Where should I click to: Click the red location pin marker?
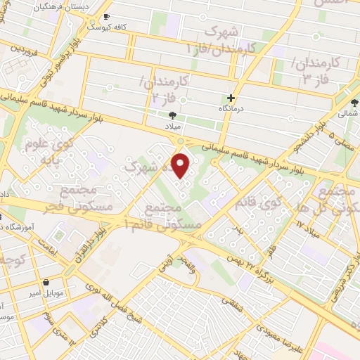tap(181, 166)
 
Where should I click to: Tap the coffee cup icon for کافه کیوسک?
tap(106, 16)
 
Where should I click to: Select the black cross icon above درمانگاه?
tap(231, 98)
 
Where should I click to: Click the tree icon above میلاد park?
tap(173, 116)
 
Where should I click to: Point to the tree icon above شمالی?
tap(354, 103)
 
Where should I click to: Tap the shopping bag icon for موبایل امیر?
tap(46, 283)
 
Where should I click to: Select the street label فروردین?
tap(23, 51)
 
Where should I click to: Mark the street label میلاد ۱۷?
tap(307, 227)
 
